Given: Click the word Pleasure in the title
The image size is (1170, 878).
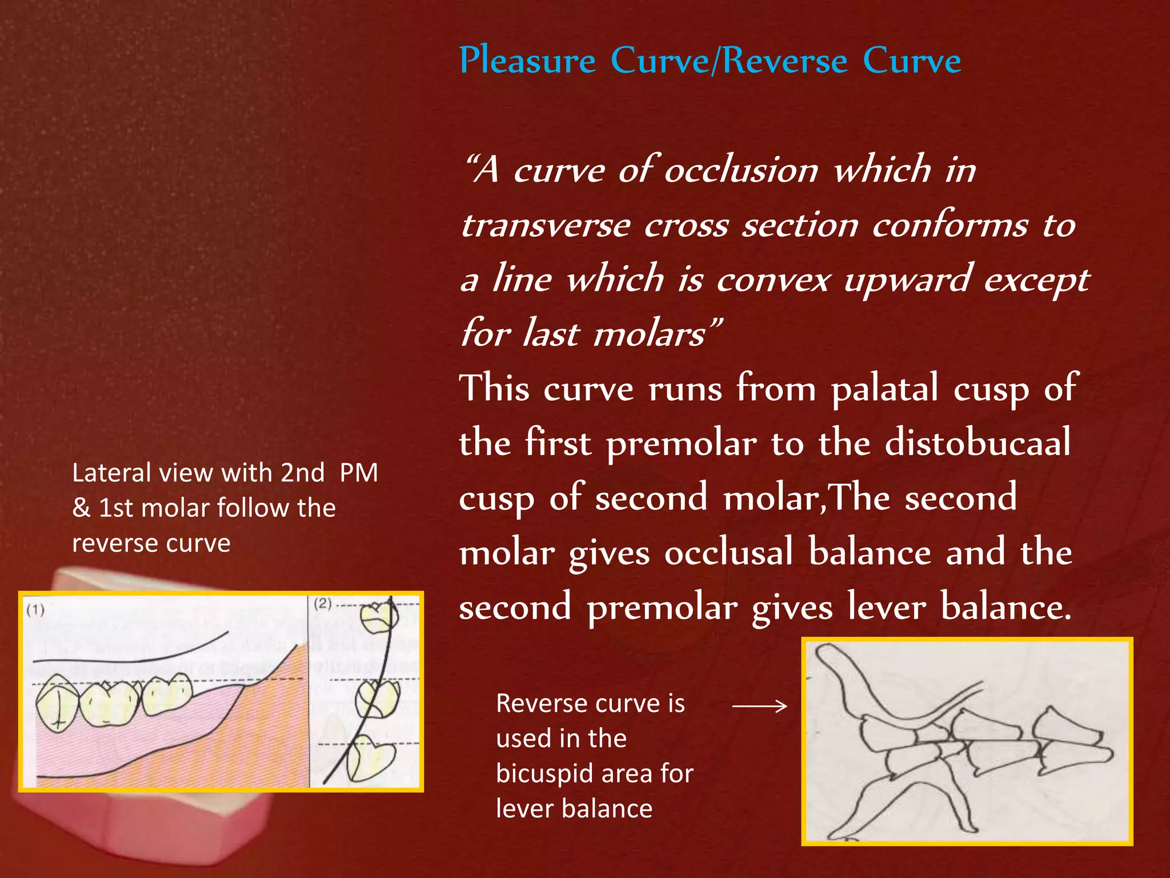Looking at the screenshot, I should (x=527, y=61).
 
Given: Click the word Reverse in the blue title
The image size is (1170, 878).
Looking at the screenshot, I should (x=786, y=61).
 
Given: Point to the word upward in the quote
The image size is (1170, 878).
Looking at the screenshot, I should (x=907, y=280).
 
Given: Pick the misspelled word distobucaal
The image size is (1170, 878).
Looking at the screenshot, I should (x=978, y=444).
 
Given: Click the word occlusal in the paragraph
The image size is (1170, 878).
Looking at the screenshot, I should (x=728, y=553).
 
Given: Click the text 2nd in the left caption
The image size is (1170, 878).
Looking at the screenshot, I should (x=302, y=473).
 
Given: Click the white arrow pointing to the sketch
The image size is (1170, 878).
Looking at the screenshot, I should (x=759, y=707).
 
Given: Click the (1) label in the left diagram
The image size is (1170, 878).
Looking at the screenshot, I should (x=35, y=610).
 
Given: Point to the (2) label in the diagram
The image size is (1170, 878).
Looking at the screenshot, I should (x=323, y=604).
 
